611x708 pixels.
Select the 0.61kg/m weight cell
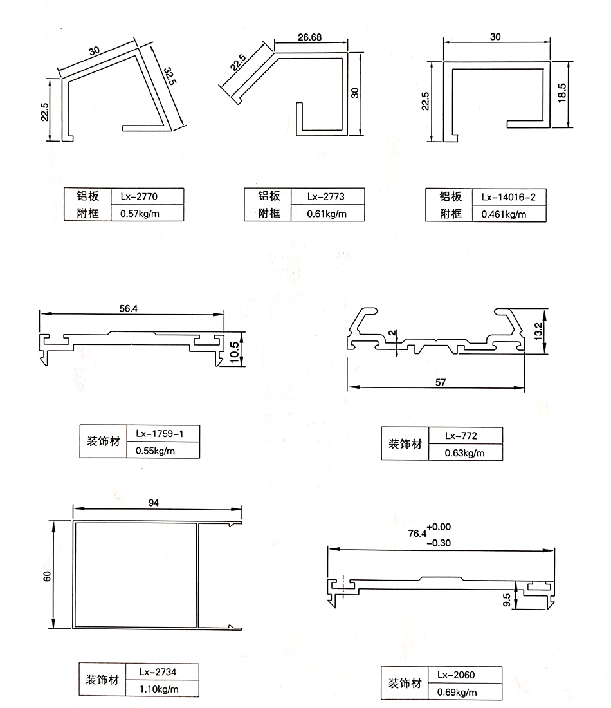click(x=327, y=214)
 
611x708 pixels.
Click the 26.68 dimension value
click(x=310, y=37)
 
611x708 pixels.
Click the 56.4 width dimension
click(x=128, y=308)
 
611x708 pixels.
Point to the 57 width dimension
click(x=441, y=382)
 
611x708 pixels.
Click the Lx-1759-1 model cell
click(x=163, y=434)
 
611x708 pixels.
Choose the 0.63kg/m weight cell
click(x=464, y=453)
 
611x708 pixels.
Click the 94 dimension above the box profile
click(x=153, y=502)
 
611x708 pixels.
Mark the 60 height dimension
click(x=46, y=577)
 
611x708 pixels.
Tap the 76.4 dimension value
click(x=417, y=534)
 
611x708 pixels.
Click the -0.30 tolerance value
click(x=439, y=543)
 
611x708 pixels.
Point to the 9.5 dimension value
click(x=507, y=600)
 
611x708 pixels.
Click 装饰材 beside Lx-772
click(x=405, y=444)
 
